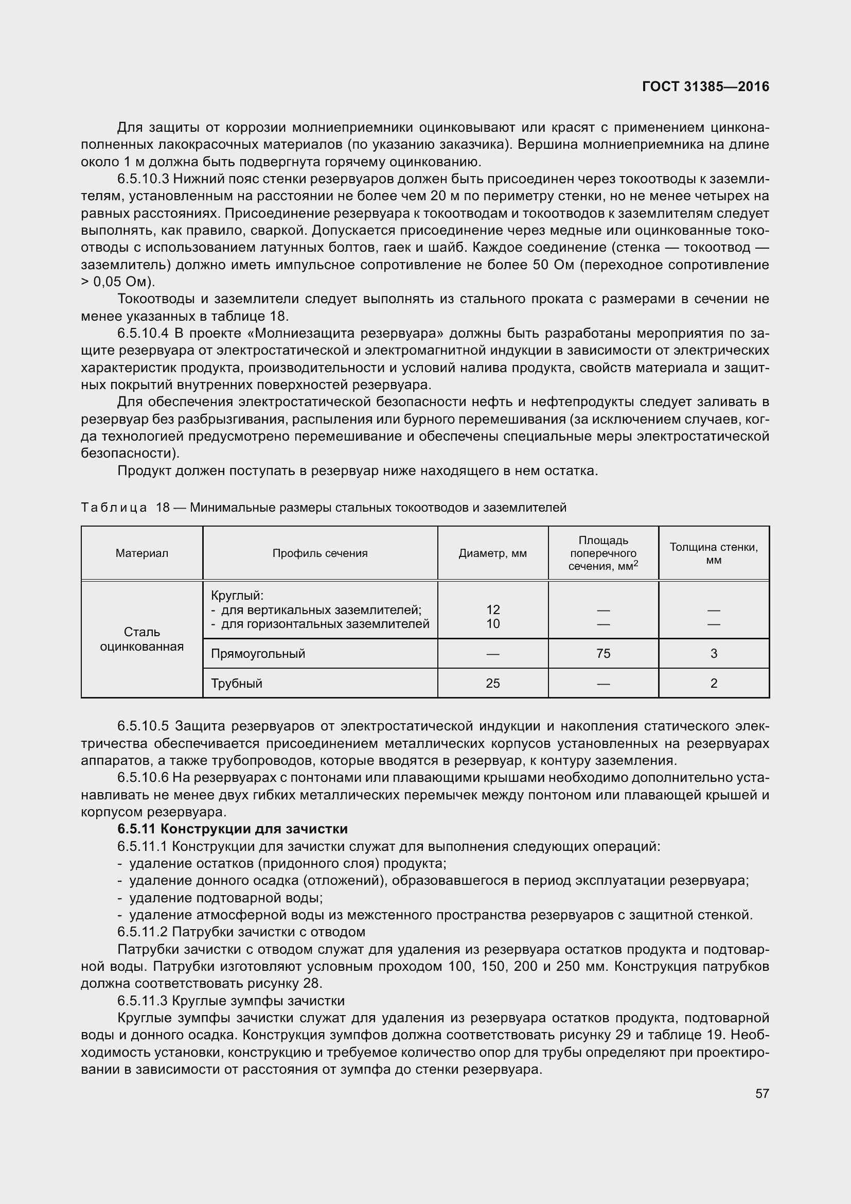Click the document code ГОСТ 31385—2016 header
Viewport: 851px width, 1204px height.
(705, 86)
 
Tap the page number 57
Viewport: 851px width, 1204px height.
(762, 1093)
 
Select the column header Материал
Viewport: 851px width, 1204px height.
(142, 553)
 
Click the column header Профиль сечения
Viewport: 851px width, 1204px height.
(320, 553)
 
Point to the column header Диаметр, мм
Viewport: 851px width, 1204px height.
(492, 553)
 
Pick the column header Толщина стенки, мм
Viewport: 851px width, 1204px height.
(713, 553)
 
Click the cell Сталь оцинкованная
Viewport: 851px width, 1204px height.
(142, 639)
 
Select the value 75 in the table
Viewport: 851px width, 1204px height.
(603, 653)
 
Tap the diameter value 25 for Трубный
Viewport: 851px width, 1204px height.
(492, 683)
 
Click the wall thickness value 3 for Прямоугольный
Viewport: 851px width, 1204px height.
(713, 653)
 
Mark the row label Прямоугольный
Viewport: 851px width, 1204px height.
(258, 653)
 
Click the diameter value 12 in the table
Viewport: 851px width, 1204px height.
(492, 609)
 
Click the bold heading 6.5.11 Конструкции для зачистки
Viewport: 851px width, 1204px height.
(233, 829)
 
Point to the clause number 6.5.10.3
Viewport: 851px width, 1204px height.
(143, 179)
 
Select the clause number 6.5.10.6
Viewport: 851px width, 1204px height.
(143, 778)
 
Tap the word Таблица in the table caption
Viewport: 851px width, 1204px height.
(114, 508)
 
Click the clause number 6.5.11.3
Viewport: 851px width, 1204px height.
(143, 1001)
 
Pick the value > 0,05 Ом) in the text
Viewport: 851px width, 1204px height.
(118, 282)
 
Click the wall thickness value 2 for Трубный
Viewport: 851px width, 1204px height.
(713, 683)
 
